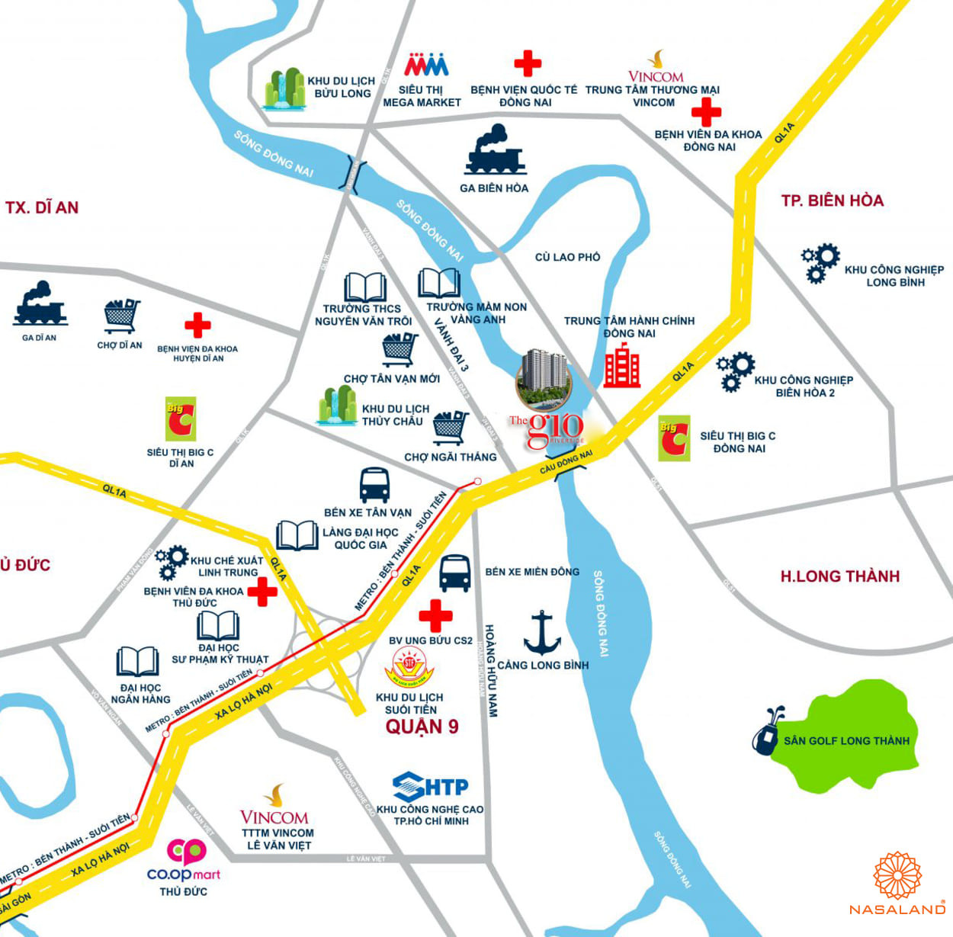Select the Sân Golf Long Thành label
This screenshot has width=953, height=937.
[x=846, y=740]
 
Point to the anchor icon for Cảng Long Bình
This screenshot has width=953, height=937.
[x=542, y=633]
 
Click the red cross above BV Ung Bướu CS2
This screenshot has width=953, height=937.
[x=435, y=616]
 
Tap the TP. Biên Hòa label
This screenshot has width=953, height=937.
[x=832, y=201]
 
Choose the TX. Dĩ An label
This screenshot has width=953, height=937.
[x=42, y=207]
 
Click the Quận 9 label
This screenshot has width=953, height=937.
[x=422, y=727]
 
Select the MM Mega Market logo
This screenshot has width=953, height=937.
[x=426, y=64]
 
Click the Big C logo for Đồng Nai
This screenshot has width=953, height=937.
[x=674, y=438]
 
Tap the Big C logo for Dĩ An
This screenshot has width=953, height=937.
[x=181, y=419]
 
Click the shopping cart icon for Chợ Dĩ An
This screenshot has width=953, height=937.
[x=122, y=316]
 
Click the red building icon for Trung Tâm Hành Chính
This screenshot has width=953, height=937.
[x=622, y=365]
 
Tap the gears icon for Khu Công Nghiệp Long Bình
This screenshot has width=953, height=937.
[x=820, y=263]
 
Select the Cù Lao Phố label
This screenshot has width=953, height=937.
[x=567, y=257]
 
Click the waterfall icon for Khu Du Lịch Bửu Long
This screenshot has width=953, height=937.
[x=284, y=90]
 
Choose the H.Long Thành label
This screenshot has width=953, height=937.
[x=839, y=576]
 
